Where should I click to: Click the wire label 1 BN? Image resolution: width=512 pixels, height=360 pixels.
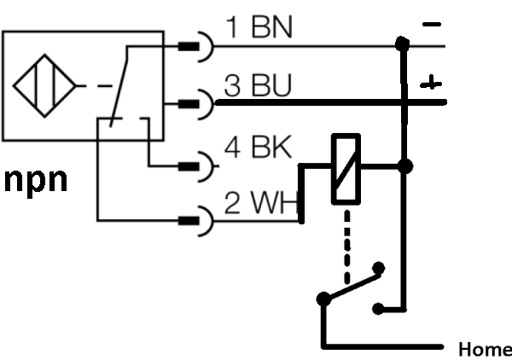[x=259, y=27]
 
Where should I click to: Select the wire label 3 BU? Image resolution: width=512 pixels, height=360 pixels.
[x=258, y=85]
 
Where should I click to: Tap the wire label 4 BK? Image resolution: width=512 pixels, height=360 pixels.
[x=258, y=147]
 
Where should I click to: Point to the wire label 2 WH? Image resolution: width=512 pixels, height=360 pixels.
[x=261, y=202]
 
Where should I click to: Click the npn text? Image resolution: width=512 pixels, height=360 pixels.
[x=36, y=181]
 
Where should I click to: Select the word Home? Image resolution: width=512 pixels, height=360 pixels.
[x=486, y=349]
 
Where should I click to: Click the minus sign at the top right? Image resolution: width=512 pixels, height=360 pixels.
[x=432, y=24]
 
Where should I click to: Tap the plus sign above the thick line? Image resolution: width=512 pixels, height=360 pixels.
[x=431, y=83]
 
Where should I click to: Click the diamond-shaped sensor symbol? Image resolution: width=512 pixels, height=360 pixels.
[x=44, y=86]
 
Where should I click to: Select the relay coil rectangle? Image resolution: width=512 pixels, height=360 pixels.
[x=346, y=169]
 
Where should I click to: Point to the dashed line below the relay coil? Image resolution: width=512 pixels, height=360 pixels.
[x=347, y=247]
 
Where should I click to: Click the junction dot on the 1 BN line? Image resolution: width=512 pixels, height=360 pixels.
[x=402, y=44]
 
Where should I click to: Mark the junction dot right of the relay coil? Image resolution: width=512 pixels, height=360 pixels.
[x=405, y=166]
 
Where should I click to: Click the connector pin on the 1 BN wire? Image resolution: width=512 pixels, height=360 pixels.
[x=189, y=47]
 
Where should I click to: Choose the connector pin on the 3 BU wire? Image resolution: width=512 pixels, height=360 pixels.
[x=189, y=104]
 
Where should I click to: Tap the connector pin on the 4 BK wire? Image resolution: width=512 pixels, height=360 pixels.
[x=189, y=167]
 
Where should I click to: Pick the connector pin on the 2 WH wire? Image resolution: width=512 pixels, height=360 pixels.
[x=189, y=221]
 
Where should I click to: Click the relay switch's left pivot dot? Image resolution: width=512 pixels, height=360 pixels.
[x=323, y=299]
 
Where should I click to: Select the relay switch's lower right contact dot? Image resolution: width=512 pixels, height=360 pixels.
[x=378, y=309]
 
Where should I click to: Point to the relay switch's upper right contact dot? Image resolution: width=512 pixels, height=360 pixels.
[x=379, y=268]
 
